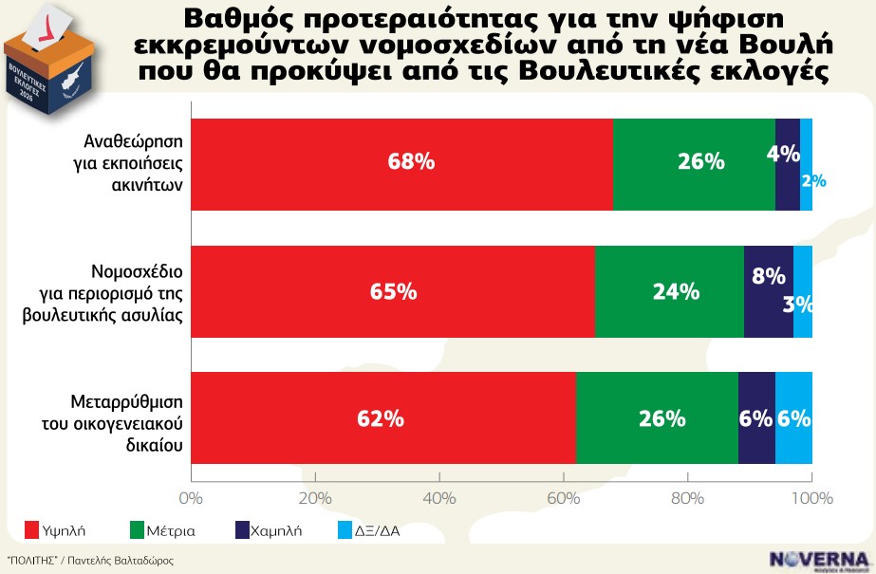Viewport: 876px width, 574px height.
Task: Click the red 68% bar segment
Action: coord(402,163)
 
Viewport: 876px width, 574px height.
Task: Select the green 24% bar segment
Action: coord(669,291)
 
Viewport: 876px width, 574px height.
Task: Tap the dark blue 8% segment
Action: coord(768,291)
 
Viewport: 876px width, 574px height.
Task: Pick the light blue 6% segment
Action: coord(793,418)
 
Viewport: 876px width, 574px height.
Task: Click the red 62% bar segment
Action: coord(383,418)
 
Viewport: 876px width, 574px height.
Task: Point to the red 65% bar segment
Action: coord(393,291)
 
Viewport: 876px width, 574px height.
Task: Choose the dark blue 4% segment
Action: coord(787,163)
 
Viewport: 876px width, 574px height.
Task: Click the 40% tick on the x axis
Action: coord(438,498)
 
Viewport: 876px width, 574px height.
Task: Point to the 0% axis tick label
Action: coord(192,498)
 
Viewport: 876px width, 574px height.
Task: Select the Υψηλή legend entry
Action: coord(54,531)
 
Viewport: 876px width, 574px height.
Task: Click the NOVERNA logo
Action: coord(819,559)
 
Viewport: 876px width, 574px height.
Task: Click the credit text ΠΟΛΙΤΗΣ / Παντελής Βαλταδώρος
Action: coord(90,561)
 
